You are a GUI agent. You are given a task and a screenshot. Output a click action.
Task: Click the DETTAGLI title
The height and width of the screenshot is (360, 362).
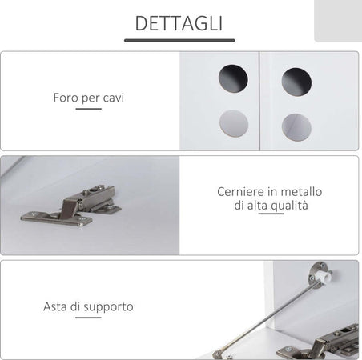click(179, 23)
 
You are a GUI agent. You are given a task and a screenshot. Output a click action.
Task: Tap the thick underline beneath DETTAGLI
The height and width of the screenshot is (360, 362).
click(179, 41)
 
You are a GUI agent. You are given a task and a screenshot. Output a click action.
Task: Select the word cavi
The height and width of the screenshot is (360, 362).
click(113, 98)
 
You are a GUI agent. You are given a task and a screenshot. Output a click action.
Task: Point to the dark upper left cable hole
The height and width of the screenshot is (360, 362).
click(233, 78)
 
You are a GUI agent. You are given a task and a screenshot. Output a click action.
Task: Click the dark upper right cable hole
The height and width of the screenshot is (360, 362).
click(296, 82)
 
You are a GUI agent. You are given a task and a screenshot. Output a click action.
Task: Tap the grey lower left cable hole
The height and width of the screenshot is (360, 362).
click(234, 123)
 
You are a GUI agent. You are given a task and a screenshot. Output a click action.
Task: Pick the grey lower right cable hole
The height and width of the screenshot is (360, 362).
click(296, 127)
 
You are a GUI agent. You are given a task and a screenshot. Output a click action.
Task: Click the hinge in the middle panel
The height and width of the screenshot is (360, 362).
click(71, 206)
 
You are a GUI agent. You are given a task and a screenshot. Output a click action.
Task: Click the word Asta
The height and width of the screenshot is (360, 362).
click(55, 306)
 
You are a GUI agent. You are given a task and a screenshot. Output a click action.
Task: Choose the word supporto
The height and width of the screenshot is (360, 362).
click(108, 307)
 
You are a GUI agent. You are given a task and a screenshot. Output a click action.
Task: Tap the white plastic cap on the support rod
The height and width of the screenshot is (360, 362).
click(325, 276)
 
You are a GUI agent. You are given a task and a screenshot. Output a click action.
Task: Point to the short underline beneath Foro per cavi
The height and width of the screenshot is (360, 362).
click(88, 109)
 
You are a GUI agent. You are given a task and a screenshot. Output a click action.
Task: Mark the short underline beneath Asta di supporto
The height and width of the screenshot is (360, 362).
click(88, 318)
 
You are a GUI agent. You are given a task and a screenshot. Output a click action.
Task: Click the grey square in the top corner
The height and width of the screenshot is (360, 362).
click(338, 21)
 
